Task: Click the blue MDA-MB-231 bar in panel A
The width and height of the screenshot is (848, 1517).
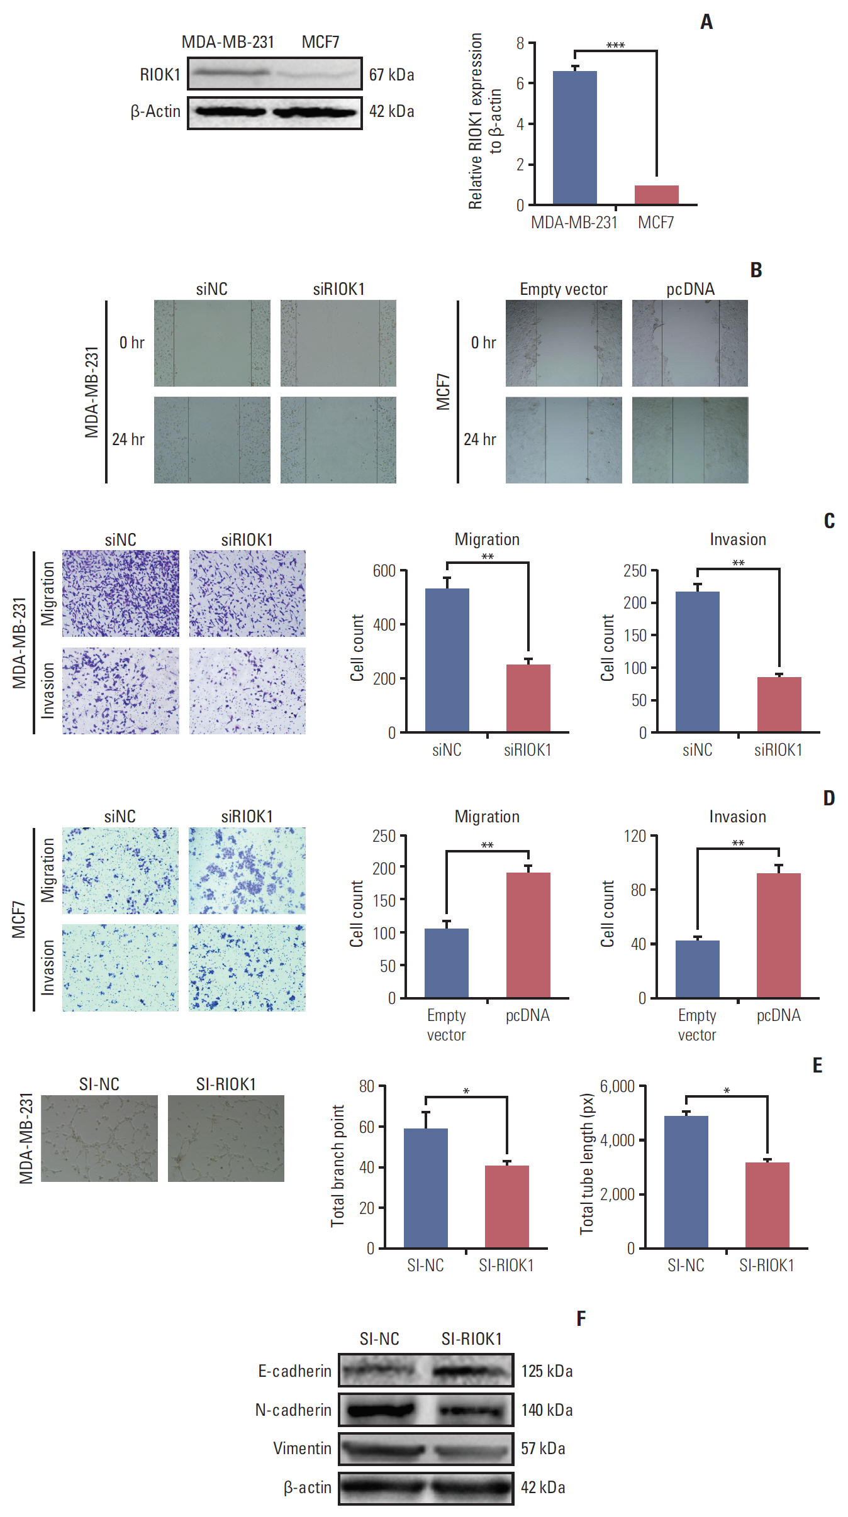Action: [x=574, y=138]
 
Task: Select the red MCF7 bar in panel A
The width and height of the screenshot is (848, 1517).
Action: [x=656, y=195]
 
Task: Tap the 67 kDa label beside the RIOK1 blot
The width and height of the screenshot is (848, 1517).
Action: [x=391, y=75]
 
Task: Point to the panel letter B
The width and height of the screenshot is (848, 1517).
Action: [x=756, y=270]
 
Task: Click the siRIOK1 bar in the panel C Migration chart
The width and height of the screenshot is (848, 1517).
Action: [x=528, y=698]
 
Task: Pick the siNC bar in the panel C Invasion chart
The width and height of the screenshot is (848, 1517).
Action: [x=697, y=661]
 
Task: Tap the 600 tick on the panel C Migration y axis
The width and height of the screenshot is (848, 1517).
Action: [x=384, y=571]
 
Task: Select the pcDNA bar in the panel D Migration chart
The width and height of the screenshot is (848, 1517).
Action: [x=528, y=935]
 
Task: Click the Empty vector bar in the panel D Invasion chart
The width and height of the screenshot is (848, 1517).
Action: [x=697, y=969]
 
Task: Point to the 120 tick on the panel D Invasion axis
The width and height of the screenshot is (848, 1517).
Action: [x=635, y=836]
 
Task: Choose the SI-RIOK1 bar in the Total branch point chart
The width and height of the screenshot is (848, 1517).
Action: [x=506, y=1206]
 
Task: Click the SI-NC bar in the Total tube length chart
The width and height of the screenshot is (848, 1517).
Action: [x=686, y=1182]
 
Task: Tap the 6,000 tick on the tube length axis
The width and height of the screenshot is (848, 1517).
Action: [x=617, y=1086]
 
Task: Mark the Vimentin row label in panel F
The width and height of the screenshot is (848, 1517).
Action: [x=302, y=1448]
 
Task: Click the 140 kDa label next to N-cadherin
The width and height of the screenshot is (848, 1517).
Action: [x=547, y=1410]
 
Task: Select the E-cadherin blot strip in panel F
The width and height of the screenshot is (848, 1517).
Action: [x=426, y=1371]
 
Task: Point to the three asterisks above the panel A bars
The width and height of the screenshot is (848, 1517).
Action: [x=615, y=45]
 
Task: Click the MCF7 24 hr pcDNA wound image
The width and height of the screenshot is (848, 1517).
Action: [x=690, y=440]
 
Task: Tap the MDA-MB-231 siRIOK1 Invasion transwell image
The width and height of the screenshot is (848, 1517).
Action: [x=247, y=691]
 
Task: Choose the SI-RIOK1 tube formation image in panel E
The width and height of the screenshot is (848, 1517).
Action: [x=226, y=1139]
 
